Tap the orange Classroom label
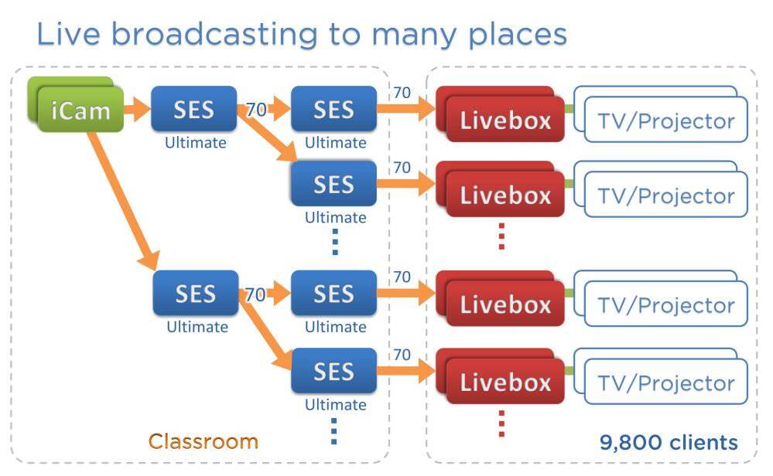(x=203, y=441)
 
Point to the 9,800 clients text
(x=669, y=442)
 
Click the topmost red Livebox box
(x=505, y=120)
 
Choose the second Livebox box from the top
(x=505, y=195)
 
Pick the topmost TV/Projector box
(x=665, y=120)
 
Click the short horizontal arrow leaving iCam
(x=137, y=110)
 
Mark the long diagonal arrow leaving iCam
(x=123, y=198)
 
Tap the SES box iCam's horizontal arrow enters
(x=193, y=110)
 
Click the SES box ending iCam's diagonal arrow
(x=195, y=294)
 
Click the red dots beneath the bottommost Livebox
(x=501, y=423)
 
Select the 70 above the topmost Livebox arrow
(x=402, y=93)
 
